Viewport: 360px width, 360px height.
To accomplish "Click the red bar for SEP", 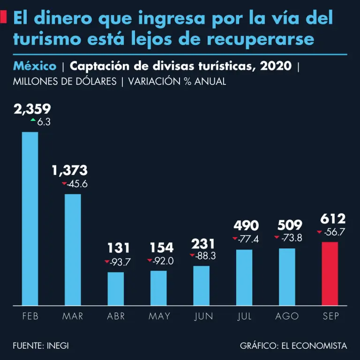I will (330, 273).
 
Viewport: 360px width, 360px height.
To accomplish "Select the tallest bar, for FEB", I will (30, 218).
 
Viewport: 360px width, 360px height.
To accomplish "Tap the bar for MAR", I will (73, 249).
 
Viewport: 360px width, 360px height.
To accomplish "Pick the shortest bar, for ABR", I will (116, 288).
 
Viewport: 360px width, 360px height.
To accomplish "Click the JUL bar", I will (244, 277).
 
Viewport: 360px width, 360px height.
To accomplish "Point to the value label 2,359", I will (32, 109).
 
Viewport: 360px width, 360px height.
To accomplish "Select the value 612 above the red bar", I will (333, 219).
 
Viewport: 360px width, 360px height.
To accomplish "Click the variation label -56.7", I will (334, 232).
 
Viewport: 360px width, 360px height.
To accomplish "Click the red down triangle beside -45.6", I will (65, 184).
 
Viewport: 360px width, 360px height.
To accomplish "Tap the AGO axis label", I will (287, 316).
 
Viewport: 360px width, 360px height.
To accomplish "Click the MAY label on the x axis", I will (159, 316).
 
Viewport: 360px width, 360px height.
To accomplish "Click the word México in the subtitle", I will (35, 66).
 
